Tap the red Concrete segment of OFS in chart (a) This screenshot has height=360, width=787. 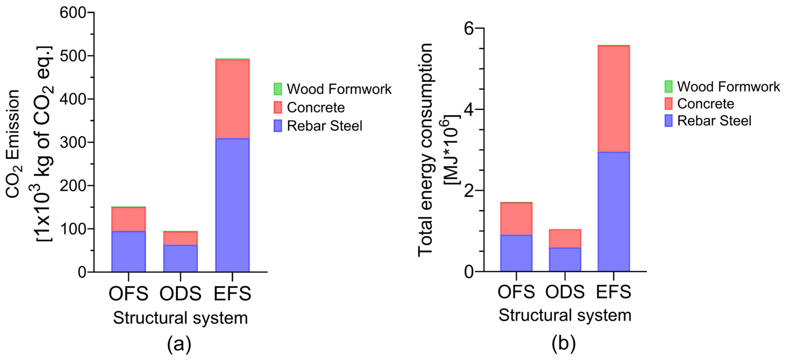pyautogui.click(x=128, y=219)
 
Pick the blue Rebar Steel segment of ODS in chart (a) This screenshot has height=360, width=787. pyautogui.click(x=180, y=258)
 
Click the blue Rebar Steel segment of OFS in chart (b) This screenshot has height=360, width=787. pyautogui.click(x=516, y=253)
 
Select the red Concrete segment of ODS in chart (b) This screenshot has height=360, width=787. pyautogui.click(x=565, y=238)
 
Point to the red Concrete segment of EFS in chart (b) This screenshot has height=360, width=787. pyautogui.click(x=614, y=99)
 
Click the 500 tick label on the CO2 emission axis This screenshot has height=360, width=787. pyautogui.click(x=73, y=56)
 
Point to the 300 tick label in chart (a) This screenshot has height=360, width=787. pyautogui.click(x=73, y=142)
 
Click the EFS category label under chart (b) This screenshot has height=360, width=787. pyautogui.click(x=614, y=292)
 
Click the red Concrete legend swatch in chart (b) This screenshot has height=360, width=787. pyautogui.click(x=668, y=104)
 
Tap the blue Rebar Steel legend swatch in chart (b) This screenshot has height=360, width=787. pyautogui.click(x=668, y=121)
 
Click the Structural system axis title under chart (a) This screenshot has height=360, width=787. pyautogui.click(x=180, y=318)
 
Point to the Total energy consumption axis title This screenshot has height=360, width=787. pyautogui.click(x=425, y=150)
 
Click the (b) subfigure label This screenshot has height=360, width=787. pyautogui.click(x=564, y=343)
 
